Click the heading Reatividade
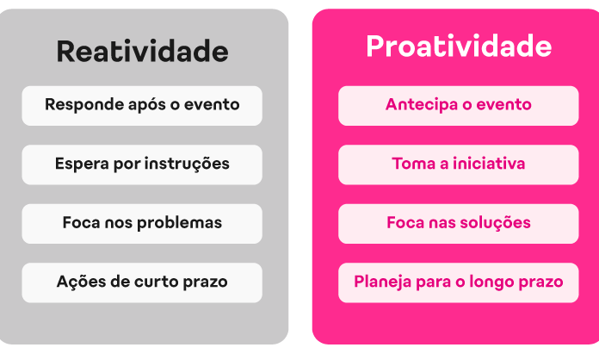point(143,51)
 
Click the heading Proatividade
point(459,47)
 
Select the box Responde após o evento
point(142,106)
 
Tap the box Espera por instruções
point(142,164)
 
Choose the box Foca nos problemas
point(142,224)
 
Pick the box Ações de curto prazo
point(142,282)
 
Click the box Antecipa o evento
point(459,106)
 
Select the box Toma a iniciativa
point(459,164)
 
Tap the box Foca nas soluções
point(459,224)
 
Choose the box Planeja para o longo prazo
point(459,282)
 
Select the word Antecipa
point(420,105)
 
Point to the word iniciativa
point(489,164)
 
